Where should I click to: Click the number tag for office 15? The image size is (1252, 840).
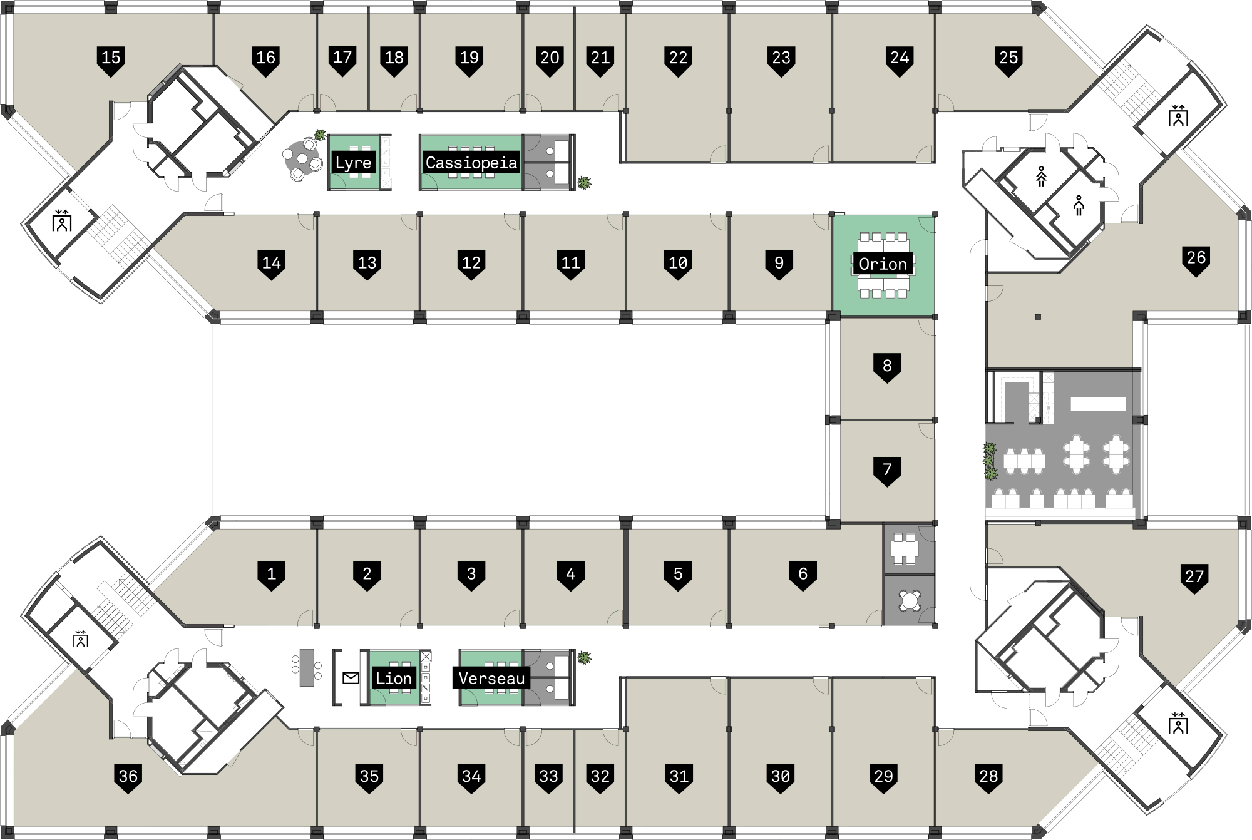pyautogui.click(x=111, y=59)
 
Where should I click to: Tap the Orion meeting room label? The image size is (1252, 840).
pyautogui.click(x=883, y=264)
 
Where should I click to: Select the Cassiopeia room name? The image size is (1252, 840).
pyautogui.click(x=471, y=163)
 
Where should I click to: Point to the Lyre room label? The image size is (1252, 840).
pyautogui.click(x=353, y=163)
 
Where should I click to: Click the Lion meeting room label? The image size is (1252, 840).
pyautogui.click(x=393, y=679)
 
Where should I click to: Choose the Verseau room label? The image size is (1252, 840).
pyautogui.click(x=491, y=679)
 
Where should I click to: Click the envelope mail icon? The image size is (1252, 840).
pyautogui.click(x=351, y=679)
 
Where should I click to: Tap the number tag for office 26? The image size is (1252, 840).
pyautogui.click(x=1196, y=259)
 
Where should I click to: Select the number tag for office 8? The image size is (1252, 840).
pyautogui.click(x=886, y=367)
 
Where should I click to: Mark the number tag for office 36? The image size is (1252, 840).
pyautogui.click(x=128, y=778)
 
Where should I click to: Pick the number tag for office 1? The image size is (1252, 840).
pyautogui.click(x=271, y=575)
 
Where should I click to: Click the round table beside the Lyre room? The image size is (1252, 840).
pyautogui.click(x=302, y=159)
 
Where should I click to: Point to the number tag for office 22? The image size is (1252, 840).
pyautogui.click(x=678, y=59)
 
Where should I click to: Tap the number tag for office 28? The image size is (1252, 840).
pyautogui.click(x=988, y=778)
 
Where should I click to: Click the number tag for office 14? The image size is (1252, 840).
pyautogui.click(x=271, y=264)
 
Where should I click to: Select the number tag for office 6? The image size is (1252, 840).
pyautogui.click(x=803, y=575)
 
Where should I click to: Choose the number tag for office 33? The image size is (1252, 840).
pyautogui.click(x=548, y=778)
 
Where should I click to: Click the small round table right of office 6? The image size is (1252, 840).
pyautogui.click(x=910, y=601)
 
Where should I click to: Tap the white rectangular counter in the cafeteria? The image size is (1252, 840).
pyautogui.click(x=1097, y=404)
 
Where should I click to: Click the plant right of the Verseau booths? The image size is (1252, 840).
pyautogui.click(x=584, y=658)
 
